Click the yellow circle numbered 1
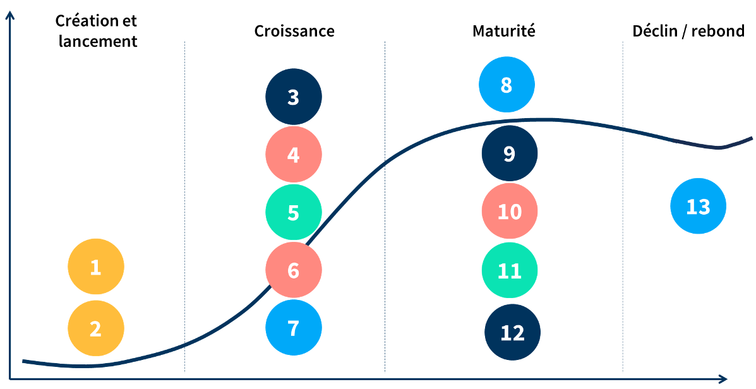click(96, 266)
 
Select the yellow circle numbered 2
click(96, 328)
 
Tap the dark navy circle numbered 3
click(294, 97)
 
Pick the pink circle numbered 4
click(294, 155)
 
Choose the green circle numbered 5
click(294, 212)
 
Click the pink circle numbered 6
click(294, 270)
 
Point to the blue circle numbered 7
click(294, 328)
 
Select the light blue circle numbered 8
click(507, 85)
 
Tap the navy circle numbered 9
click(510, 153)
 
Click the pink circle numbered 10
click(510, 212)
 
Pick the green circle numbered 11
click(510, 270)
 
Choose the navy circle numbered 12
click(513, 332)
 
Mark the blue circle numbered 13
click(698, 206)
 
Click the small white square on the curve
click(687, 140)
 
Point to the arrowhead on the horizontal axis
click(721, 379)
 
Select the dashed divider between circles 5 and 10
click(385, 253)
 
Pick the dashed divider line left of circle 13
click(623, 253)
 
